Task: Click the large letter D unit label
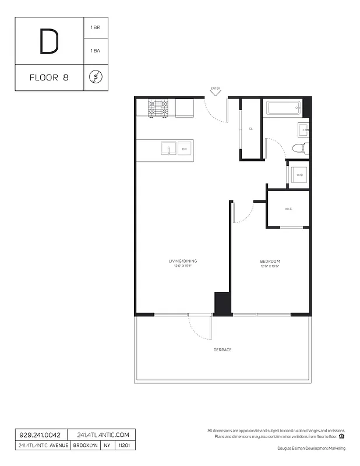coord(49,41)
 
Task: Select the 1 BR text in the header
coord(95,28)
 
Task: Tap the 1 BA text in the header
coord(95,51)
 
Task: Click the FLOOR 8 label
coord(49,77)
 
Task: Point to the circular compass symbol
coord(96,77)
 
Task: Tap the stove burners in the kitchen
coord(157,108)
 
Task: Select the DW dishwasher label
coord(184,149)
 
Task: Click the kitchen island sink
coord(168,149)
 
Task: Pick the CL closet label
coord(250,129)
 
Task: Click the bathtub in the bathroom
coord(283,108)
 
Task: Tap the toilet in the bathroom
coord(298,148)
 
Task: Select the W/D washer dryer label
coord(299,175)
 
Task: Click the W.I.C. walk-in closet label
coord(288,209)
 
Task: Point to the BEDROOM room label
coord(270,261)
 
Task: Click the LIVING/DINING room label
coord(182,261)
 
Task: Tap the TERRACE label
coord(223,349)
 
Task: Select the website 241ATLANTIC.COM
coord(101,435)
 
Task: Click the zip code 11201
coord(124,446)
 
